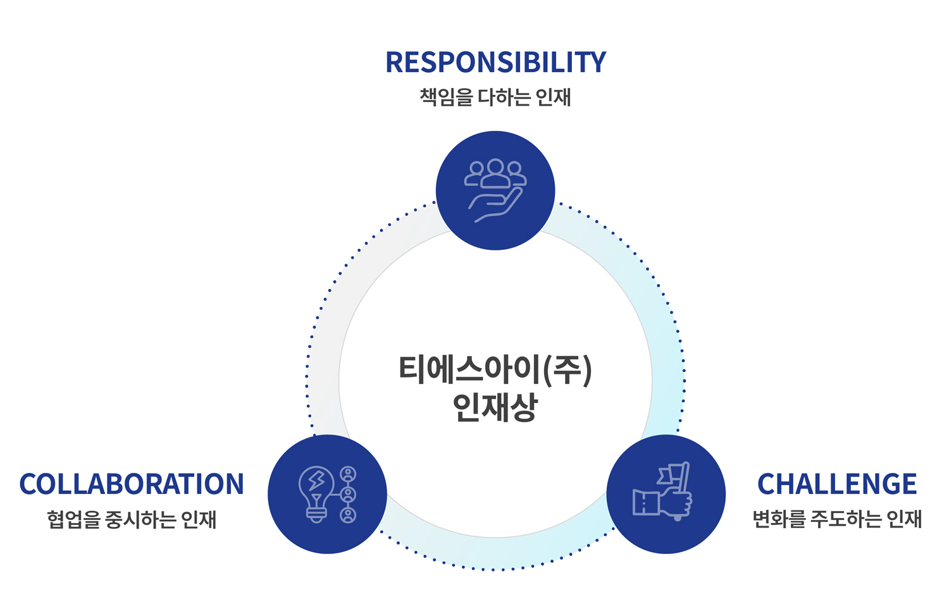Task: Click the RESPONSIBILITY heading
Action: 495,62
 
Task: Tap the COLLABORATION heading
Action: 132,484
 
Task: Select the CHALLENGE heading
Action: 836,484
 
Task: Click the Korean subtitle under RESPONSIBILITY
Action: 495,97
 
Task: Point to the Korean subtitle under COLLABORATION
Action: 132,519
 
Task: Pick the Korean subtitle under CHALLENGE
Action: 836,519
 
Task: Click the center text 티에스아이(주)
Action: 495,369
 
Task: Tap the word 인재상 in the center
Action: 495,407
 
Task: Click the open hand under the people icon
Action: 495,206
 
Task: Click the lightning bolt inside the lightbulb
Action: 316,483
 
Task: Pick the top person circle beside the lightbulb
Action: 348,474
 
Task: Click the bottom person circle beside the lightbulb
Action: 348,515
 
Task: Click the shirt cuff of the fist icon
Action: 645,503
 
